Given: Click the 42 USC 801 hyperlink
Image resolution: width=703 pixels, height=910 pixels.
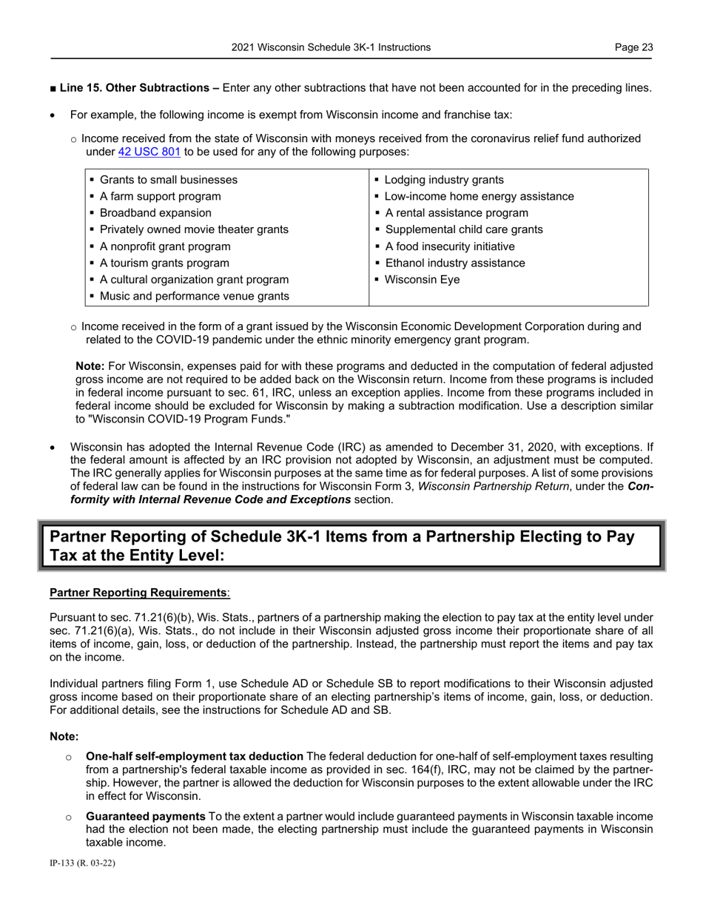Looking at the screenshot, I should [x=149, y=152].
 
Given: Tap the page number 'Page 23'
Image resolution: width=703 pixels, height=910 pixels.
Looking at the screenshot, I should [x=633, y=47].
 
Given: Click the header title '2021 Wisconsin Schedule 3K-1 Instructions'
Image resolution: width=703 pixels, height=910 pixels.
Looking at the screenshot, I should [x=330, y=47].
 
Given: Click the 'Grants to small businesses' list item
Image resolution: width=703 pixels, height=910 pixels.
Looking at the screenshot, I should [x=168, y=180].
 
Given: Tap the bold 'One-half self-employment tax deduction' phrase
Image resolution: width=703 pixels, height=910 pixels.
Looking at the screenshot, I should [x=195, y=756].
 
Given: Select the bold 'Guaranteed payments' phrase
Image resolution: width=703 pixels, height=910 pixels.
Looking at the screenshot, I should [x=146, y=817].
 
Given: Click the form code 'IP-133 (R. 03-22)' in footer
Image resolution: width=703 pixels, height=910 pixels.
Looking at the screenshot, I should [x=82, y=863].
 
